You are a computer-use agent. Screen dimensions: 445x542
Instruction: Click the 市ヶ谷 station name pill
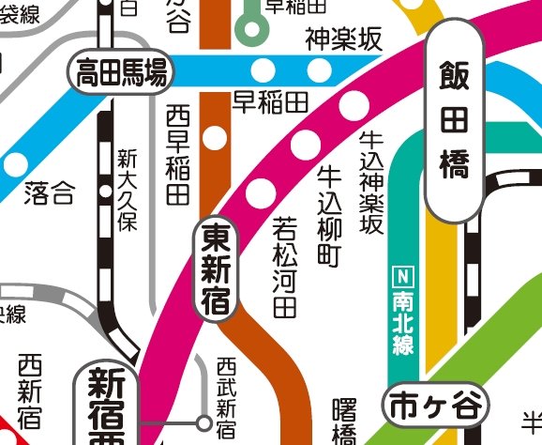coord(436,407)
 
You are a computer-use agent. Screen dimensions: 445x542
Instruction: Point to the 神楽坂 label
coord(343,39)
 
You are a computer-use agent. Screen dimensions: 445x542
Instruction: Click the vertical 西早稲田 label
coord(177,156)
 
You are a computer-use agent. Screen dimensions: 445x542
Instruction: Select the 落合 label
coord(48,194)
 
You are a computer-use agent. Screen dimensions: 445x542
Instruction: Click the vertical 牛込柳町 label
coord(329,216)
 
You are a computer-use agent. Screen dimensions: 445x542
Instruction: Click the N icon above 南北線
coord(403,276)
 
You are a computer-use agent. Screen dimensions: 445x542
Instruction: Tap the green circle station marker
coord(250,28)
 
